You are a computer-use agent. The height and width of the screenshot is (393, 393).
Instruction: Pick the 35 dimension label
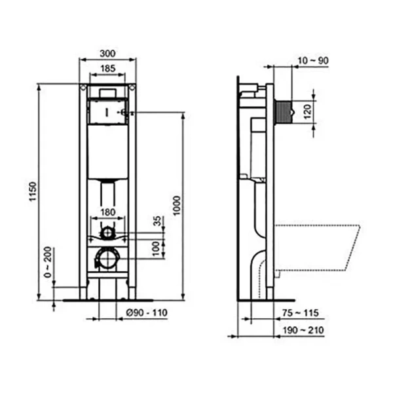click(x=156, y=221)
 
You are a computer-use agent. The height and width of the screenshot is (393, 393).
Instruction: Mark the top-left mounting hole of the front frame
click(x=83, y=88)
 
